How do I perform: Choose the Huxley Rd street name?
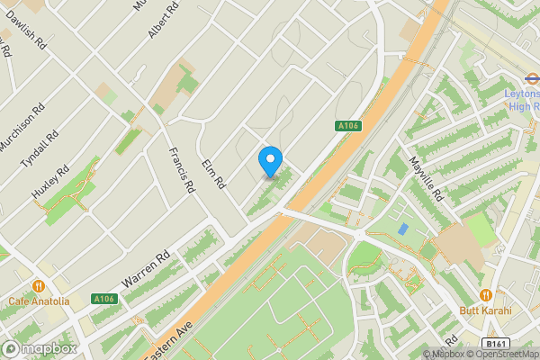[x=50, y=184]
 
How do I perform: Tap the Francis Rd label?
[x=181, y=170]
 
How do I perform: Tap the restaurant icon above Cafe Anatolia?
[x=38, y=286]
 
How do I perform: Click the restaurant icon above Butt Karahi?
[x=486, y=294]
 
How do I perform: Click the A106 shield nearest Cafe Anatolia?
[x=104, y=299]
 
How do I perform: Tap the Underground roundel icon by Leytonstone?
[x=531, y=78]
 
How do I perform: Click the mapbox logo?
[x=40, y=348]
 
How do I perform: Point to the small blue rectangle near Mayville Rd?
[x=402, y=229]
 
